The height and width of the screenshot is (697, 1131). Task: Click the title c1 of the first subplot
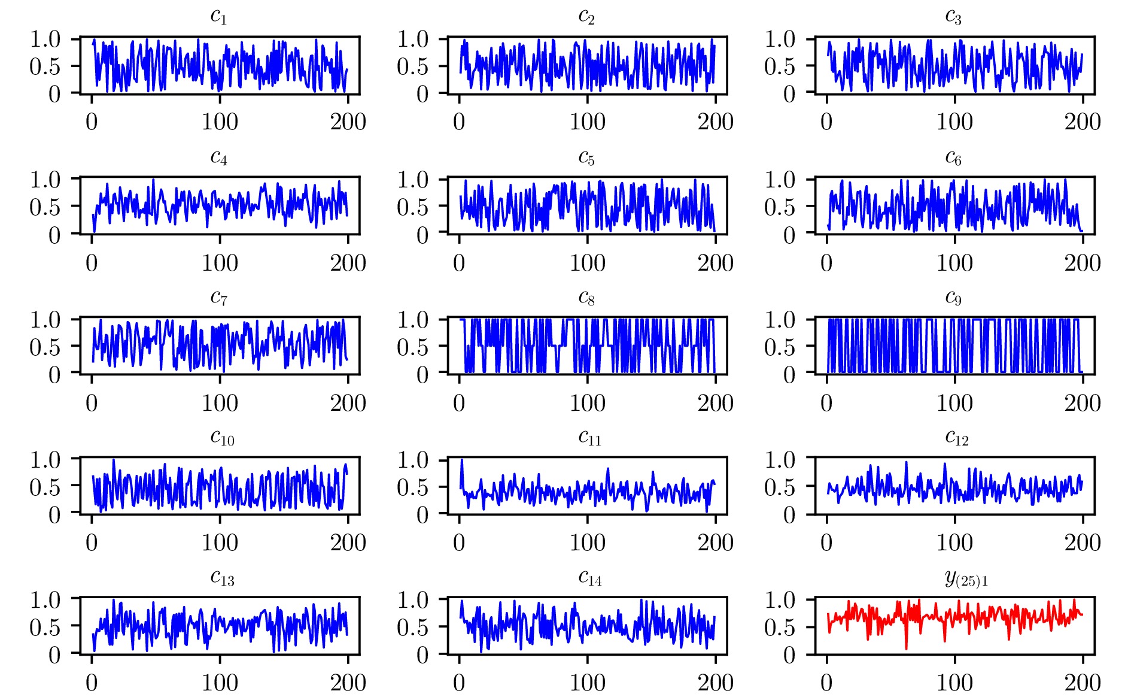[x=219, y=17]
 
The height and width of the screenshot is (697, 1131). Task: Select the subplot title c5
[x=586, y=157]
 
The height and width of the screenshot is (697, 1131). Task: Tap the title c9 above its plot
[x=954, y=298]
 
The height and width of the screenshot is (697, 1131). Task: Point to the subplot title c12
[x=957, y=438]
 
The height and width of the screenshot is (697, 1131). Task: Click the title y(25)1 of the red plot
[x=966, y=578]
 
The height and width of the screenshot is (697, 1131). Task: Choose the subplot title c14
[x=590, y=578]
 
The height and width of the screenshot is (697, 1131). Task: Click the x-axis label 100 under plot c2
[x=587, y=122]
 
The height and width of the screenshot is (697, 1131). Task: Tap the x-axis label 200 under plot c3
[x=1082, y=122]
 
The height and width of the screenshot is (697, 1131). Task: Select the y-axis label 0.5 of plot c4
[x=45, y=207]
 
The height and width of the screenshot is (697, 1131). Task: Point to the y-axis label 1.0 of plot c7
[x=45, y=320]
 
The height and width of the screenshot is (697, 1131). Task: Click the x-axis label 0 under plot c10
[x=92, y=543]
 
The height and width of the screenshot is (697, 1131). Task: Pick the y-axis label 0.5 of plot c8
[x=413, y=347]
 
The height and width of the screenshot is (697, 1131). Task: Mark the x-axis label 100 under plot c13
[x=220, y=683]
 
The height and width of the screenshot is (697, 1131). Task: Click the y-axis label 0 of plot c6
[x=789, y=235]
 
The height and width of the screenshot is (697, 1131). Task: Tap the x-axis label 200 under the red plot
[x=1082, y=683]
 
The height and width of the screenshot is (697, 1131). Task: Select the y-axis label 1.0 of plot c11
[x=413, y=460]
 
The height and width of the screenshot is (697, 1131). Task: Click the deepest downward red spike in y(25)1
[x=906, y=648]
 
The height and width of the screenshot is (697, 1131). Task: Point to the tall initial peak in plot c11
[x=462, y=460]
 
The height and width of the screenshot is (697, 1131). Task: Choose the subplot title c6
[x=954, y=157]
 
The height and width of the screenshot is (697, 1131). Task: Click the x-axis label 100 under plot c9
[x=954, y=403]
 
